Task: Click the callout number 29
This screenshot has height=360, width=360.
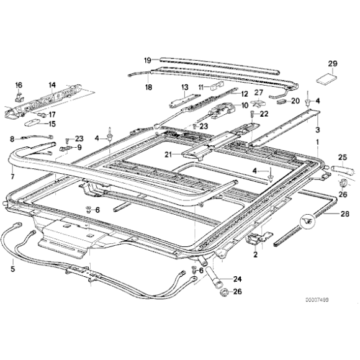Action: (x=332, y=64)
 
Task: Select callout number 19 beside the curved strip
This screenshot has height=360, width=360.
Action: (x=148, y=60)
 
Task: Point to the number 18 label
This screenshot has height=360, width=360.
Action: (x=148, y=88)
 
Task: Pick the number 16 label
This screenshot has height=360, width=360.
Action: (x=18, y=85)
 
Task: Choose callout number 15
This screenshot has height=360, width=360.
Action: (x=52, y=124)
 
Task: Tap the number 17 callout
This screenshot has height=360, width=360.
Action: (x=52, y=114)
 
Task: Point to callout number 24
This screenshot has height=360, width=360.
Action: (x=236, y=278)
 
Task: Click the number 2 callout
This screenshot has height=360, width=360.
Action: (x=254, y=254)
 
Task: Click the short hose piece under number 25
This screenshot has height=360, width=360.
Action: (x=340, y=171)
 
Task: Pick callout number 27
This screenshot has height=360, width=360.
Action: (x=259, y=92)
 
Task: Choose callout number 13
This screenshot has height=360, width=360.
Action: (x=184, y=87)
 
